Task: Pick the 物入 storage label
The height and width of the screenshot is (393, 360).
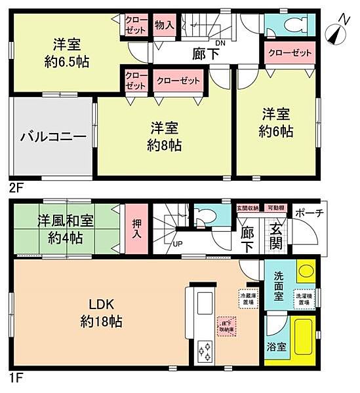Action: pyautogui.click(x=164, y=26)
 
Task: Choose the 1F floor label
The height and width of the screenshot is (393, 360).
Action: pyautogui.click(x=16, y=378)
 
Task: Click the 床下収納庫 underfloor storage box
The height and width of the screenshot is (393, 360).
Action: pyautogui.click(x=226, y=326)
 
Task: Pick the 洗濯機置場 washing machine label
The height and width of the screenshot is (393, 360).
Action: pyautogui.click(x=302, y=298)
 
